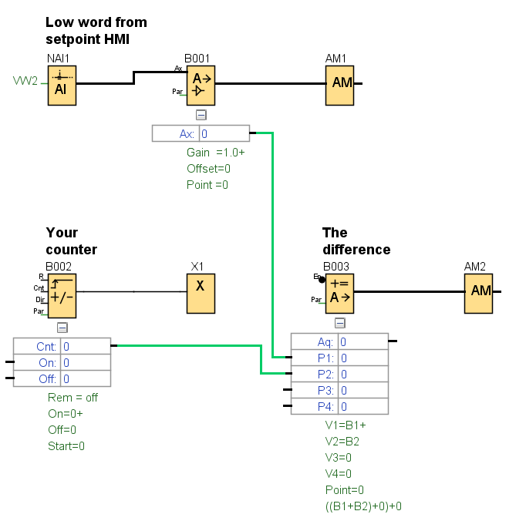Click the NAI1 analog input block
(62, 84)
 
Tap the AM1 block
(342, 84)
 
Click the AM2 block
(480, 292)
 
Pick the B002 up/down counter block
(62, 293)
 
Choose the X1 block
(200, 292)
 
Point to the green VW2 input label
(25, 81)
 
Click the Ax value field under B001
(224, 134)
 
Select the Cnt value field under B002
(86, 347)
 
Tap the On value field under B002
(86, 363)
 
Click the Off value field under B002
(86, 379)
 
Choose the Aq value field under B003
(362, 342)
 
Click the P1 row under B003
(339, 358)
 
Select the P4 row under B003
(339, 407)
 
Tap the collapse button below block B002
(62, 327)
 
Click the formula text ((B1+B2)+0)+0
(363, 506)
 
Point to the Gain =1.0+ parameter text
(215, 153)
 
